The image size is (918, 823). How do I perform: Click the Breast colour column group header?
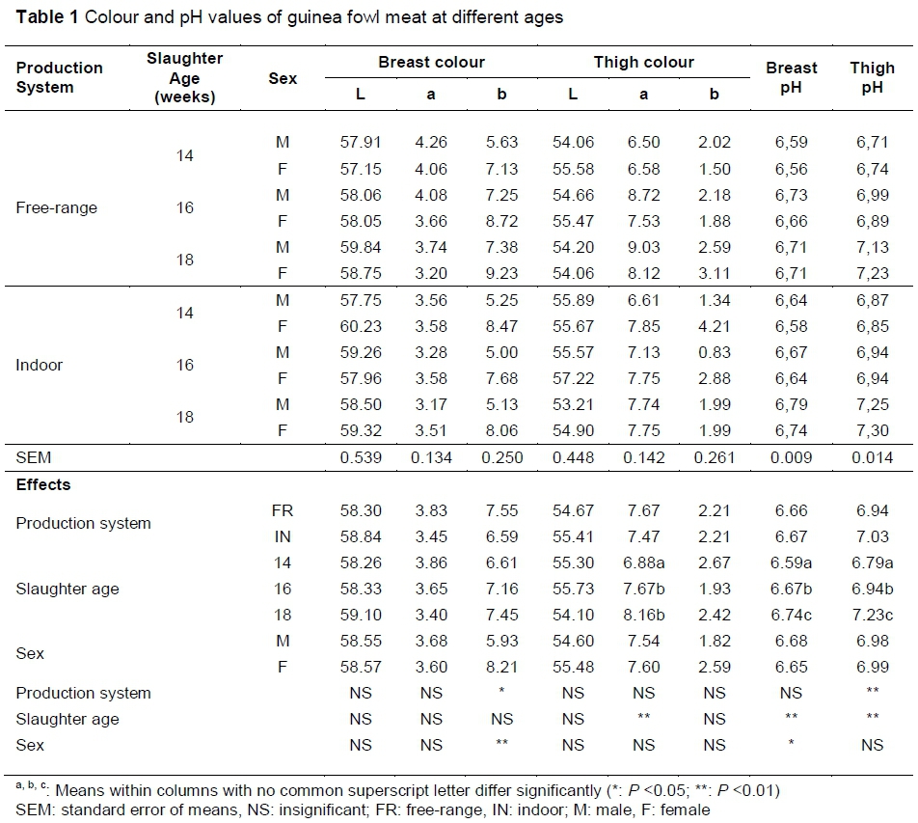[x=431, y=63]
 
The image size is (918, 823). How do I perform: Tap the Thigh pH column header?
[x=872, y=77]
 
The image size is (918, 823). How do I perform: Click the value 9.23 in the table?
[x=501, y=273]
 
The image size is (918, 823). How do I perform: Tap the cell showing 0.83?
[x=714, y=353]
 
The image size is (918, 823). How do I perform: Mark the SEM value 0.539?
[x=360, y=457]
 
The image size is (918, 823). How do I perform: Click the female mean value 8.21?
[x=501, y=665]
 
